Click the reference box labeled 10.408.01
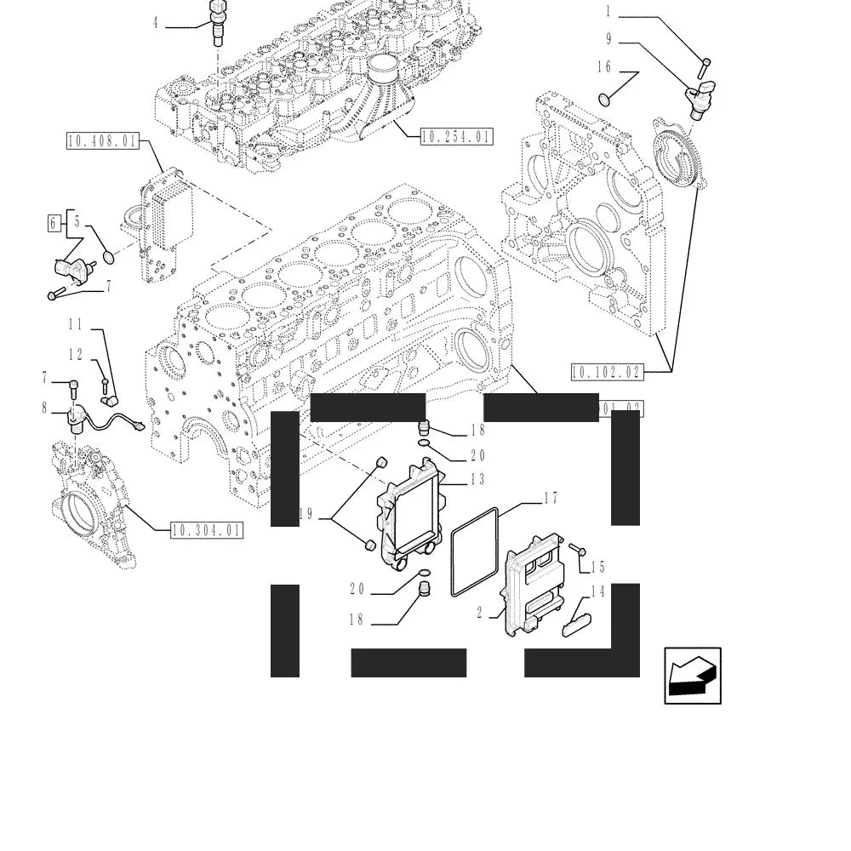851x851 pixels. coord(102,141)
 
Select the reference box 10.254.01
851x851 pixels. coord(456,136)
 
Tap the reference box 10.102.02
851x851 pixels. coord(606,371)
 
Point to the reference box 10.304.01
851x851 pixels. coord(207,531)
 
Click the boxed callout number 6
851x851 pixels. coord(54,224)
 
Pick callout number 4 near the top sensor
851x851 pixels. coord(155,23)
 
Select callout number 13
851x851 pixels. coord(477,480)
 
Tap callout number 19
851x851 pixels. coord(306,514)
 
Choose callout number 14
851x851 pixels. coord(597,591)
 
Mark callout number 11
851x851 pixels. coord(76,324)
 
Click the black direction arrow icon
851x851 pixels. coord(693,676)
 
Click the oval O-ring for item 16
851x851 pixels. coord(604,100)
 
